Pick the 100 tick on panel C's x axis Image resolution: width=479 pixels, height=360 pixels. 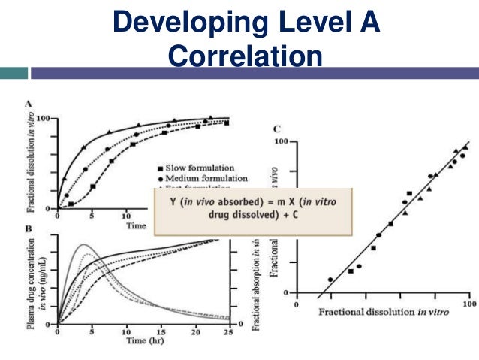coord(468,304)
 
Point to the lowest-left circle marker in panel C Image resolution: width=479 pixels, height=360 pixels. coord(330,280)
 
